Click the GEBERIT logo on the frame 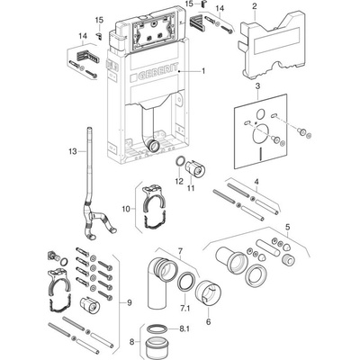click(155, 72)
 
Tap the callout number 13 click(73, 151)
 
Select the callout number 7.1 click(185, 309)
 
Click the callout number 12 click(179, 181)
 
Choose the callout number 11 click(191, 188)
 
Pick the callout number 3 click(257, 86)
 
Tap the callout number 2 click(255, 6)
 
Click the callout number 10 click(126, 209)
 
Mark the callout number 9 click(130, 303)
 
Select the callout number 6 click(208, 322)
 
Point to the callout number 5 click(287, 227)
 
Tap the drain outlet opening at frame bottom click(155, 146)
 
